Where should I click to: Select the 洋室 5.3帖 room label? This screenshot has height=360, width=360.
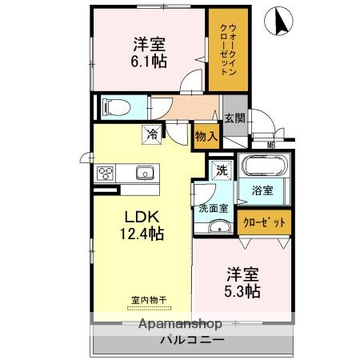pos(242,282)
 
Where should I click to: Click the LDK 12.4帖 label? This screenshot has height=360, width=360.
pos(142,226)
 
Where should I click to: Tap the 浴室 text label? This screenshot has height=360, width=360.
pos(262,190)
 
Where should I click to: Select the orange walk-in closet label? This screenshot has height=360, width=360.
pos(226,49)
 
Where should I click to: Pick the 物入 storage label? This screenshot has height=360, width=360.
pos(206,137)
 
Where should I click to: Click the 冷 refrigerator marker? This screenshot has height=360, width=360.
pos(151,134)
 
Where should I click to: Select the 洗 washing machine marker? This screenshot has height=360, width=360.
pos(222,170)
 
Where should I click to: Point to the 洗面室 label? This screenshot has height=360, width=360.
pos(214,208)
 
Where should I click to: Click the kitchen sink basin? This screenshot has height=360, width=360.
pos(145,172)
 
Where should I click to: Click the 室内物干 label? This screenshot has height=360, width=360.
pos(150,301)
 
